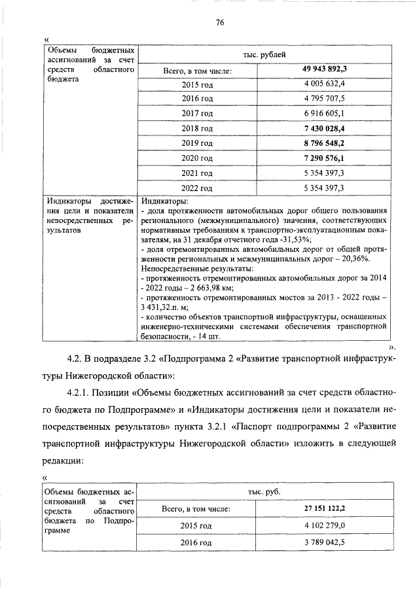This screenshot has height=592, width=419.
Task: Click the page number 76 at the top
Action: [x=221, y=22]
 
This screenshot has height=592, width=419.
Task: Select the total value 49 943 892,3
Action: [x=324, y=69]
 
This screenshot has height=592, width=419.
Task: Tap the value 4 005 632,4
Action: [x=324, y=84]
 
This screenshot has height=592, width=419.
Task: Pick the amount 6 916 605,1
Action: [x=324, y=113]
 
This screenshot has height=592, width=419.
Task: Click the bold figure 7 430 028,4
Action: [x=324, y=128]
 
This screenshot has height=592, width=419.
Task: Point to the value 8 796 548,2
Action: [x=324, y=143]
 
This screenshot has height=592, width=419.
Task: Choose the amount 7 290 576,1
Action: [x=324, y=158]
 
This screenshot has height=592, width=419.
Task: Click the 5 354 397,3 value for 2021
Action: [x=324, y=173]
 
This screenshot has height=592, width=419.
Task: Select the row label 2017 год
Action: [x=197, y=113]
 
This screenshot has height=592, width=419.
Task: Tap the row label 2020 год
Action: [x=197, y=158]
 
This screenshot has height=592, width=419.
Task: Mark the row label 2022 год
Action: [x=197, y=188]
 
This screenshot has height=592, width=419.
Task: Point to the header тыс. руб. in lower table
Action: [x=264, y=491]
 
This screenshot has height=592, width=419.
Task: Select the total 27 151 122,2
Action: [x=324, y=508]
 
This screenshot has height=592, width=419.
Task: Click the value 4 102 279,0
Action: [x=324, y=525]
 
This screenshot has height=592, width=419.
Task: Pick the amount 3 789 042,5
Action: [x=324, y=543]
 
